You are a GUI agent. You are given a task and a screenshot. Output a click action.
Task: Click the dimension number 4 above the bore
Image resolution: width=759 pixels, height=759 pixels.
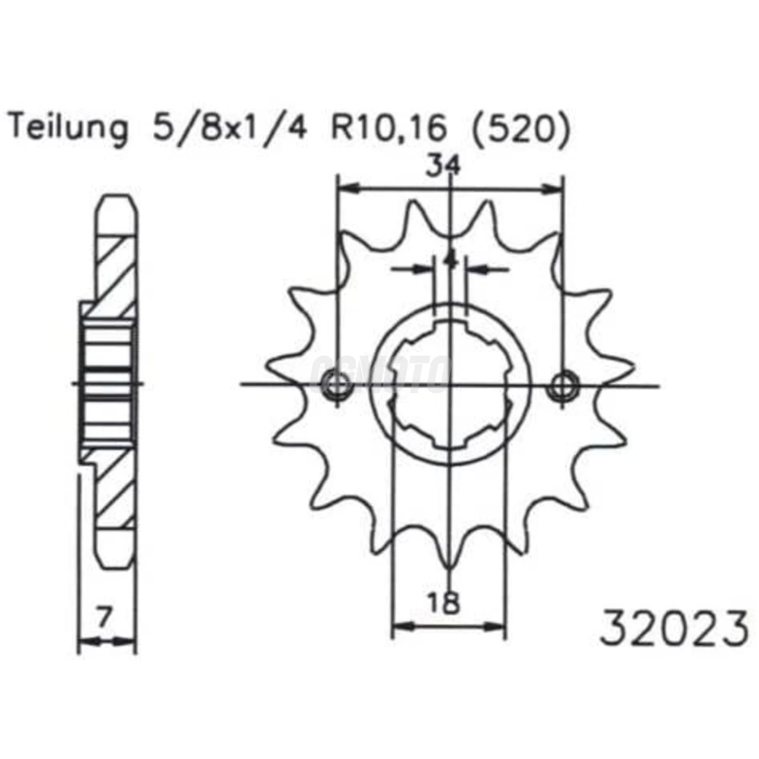450,260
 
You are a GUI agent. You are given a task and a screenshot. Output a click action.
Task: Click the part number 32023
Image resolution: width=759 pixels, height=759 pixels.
675,629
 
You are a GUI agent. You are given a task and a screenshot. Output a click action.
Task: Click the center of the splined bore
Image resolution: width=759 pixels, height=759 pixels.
449,385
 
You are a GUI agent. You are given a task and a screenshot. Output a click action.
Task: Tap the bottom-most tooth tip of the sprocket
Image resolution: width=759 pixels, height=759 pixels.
449,567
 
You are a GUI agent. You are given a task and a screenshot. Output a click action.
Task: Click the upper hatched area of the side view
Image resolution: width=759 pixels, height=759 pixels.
115,271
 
